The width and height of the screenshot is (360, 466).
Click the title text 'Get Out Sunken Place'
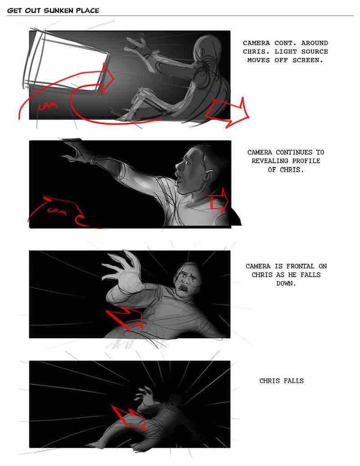pos(53,10)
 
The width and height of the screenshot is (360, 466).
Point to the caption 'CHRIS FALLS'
pos(281,381)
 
